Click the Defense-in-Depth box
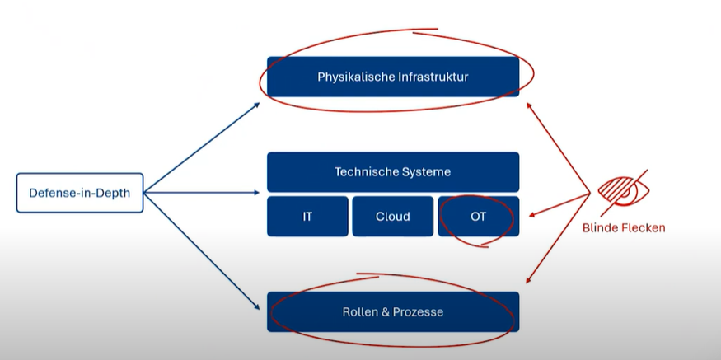point(79,194)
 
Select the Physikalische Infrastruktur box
point(393,77)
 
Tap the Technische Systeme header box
point(393,172)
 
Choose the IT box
point(307,217)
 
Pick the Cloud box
point(392,217)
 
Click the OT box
point(479,217)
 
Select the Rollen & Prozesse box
point(393,312)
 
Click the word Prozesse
point(418,312)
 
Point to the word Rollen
point(359,312)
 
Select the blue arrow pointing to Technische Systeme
point(202,194)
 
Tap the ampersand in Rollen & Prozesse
point(385,312)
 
